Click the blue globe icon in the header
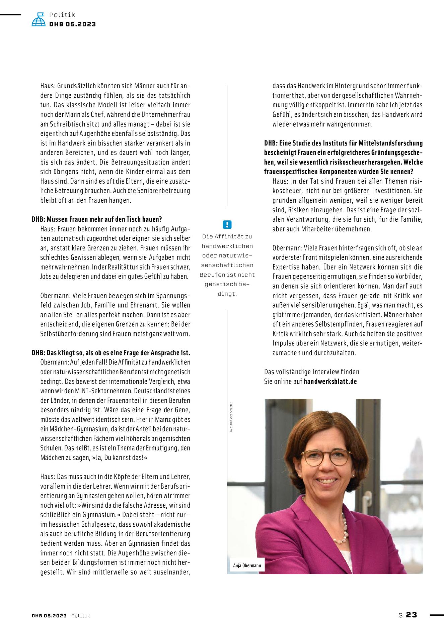point(39,19)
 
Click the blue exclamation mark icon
point(227,224)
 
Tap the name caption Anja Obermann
point(247,565)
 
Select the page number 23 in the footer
point(412,615)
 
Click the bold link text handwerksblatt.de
point(330,382)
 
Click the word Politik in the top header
point(62,15)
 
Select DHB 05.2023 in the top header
point(72,24)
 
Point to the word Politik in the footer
point(80,616)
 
